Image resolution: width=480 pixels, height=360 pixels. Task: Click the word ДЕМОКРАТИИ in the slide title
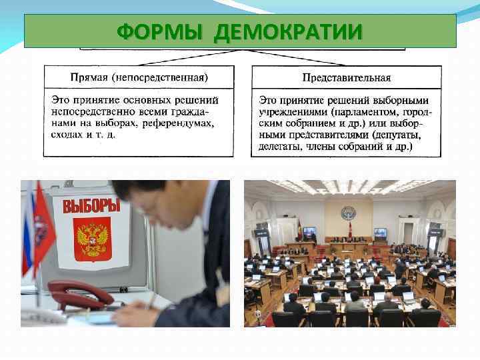tap(289, 31)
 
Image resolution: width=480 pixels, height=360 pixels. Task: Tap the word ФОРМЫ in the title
tap(161, 31)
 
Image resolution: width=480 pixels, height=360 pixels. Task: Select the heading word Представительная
tap(346, 77)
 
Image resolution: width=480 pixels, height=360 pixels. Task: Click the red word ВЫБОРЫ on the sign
tap(91, 205)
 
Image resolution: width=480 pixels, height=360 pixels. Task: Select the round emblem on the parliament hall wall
tap(347, 214)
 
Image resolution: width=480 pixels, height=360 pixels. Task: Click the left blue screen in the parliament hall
tap(309, 233)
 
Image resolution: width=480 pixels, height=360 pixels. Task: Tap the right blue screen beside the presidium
tap(380, 233)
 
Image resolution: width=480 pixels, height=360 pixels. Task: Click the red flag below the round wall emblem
tap(349, 231)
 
